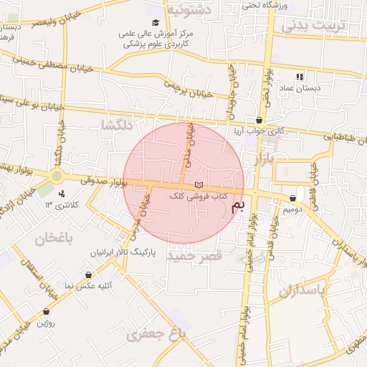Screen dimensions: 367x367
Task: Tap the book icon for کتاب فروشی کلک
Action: [199, 185]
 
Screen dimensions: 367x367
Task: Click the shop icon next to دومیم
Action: [294, 199]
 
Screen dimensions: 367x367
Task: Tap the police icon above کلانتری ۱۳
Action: [62, 193]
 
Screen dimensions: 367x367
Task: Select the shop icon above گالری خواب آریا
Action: [259, 120]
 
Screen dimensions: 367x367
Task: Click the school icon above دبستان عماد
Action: [300, 77]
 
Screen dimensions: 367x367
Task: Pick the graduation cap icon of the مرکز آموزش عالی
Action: [156, 23]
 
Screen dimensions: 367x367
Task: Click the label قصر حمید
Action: [195, 255]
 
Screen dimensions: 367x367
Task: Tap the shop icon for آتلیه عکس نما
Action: [88, 275]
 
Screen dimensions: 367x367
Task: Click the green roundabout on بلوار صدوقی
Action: [57, 176]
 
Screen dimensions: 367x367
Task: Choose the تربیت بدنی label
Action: [313, 25]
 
